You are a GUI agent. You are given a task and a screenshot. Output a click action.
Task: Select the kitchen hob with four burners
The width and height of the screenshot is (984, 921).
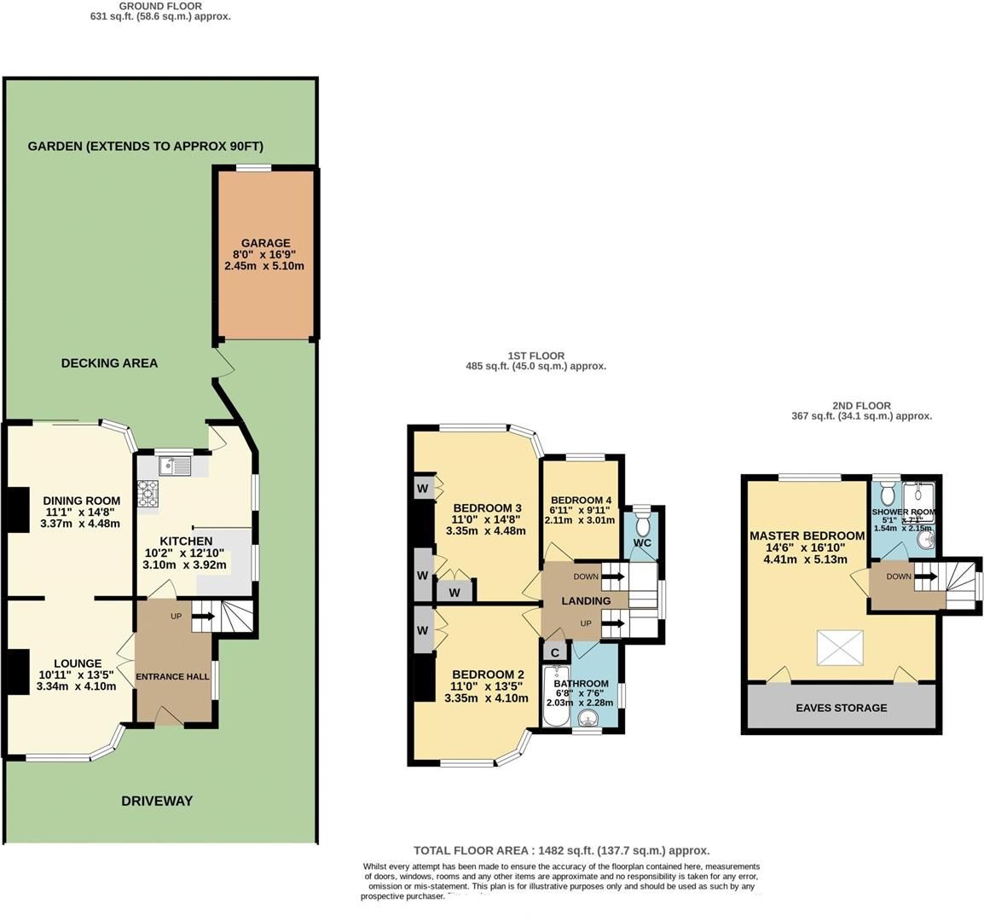148,494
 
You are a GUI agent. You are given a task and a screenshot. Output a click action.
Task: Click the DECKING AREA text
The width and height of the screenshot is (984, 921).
109,363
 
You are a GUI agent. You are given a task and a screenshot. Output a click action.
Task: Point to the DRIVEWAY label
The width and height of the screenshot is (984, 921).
156,801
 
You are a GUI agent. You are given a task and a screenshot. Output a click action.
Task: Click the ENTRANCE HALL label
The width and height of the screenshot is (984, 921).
173,677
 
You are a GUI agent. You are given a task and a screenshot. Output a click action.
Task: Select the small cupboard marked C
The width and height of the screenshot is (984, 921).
555,653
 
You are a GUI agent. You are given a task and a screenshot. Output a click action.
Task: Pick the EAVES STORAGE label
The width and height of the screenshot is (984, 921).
841,708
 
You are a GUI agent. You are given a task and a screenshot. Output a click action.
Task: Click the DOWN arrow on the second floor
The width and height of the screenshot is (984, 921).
926,576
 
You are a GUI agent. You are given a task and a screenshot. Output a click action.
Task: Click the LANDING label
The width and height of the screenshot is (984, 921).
586,601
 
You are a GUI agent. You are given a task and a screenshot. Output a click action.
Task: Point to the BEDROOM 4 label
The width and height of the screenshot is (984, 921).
581,501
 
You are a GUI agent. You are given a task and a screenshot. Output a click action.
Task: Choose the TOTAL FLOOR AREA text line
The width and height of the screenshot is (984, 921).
561,850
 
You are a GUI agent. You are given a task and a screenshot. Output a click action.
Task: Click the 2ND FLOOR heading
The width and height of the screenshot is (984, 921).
861,406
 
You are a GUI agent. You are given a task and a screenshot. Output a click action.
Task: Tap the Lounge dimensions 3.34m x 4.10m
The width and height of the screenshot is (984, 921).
77,686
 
